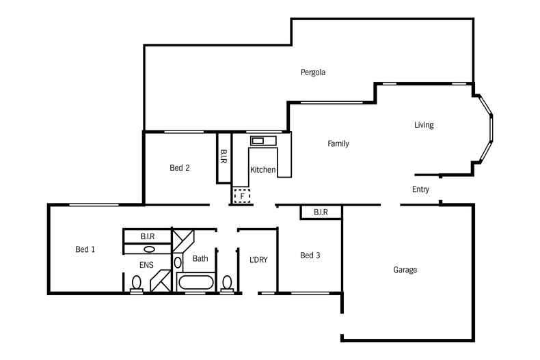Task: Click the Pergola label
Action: point(312,72)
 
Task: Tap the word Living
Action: point(424,125)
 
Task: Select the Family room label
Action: point(338,143)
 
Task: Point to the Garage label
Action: point(405,269)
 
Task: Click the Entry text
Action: point(420,189)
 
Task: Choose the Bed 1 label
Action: point(85,249)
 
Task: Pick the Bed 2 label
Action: point(179,167)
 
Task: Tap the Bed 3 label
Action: point(310,255)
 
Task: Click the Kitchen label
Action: point(262,169)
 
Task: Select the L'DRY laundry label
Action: point(258,260)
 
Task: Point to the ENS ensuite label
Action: point(146,265)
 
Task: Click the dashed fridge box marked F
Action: point(242,196)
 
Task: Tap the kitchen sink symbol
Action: point(263,141)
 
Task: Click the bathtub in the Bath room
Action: point(196,283)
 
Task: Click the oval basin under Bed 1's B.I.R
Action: point(149,249)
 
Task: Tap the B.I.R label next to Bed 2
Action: point(224,156)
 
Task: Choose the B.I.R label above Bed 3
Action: point(321,212)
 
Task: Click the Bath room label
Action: point(200,258)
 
